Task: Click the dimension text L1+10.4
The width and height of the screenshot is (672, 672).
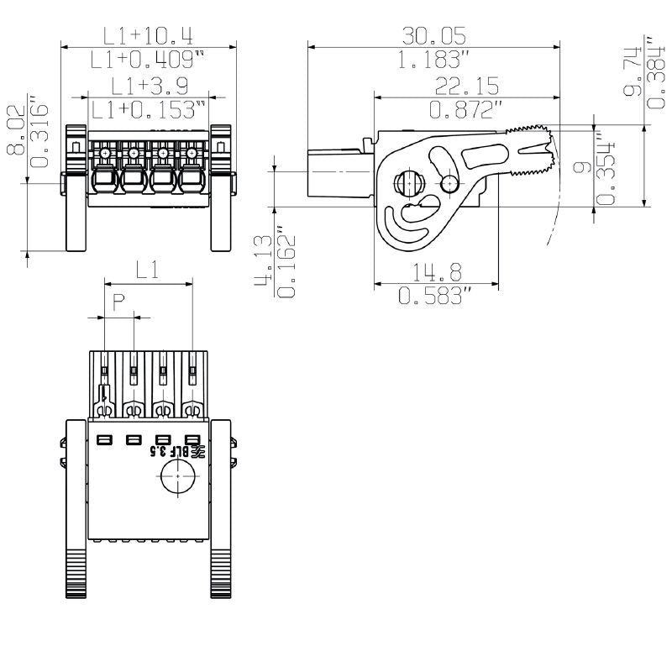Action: pyautogui.click(x=149, y=36)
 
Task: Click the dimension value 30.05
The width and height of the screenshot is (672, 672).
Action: pyautogui.click(x=433, y=35)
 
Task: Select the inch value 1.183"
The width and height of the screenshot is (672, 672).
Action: pyautogui.click(x=433, y=60)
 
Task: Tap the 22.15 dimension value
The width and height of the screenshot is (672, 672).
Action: pyautogui.click(x=467, y=86)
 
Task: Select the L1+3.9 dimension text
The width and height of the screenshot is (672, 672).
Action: pyautogui.click(x=149, y=86)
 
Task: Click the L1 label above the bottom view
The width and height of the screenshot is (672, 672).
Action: pyautogui.click(x=148, y=270)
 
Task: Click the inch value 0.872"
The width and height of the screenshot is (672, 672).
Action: pyautogui.click(x=467, y=109)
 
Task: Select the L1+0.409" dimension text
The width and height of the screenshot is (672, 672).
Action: pyautogui.click(x=149, y=60)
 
